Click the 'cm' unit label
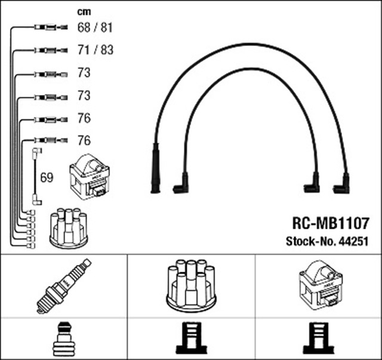click(85, 12)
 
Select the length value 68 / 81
click(95, 27)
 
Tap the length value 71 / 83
click(95, 50)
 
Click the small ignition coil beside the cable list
click(90, 177)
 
